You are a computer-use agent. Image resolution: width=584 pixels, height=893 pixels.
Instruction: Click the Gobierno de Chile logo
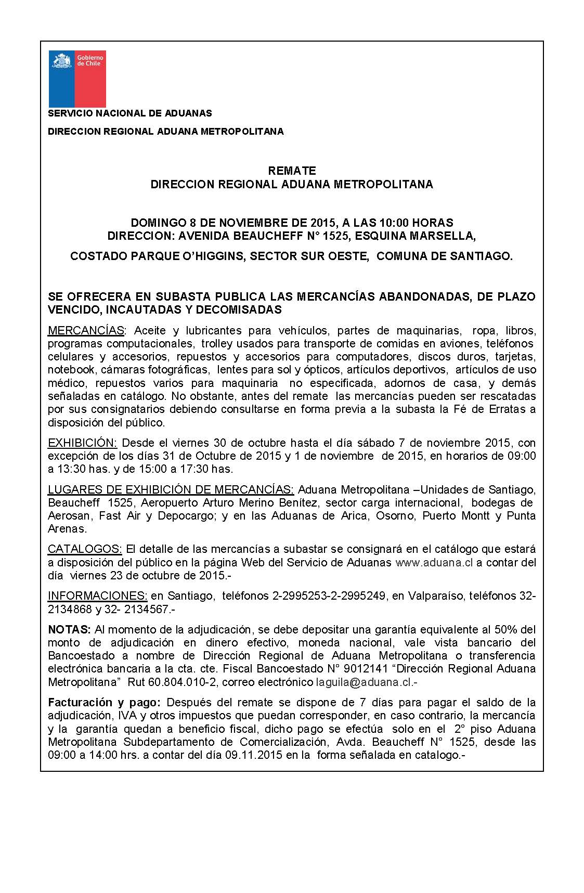tap(77, 79)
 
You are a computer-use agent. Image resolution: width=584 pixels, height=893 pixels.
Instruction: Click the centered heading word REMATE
tap(292, 171)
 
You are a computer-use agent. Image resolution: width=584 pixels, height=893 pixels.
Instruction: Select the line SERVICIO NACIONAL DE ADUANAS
tap(129, 113)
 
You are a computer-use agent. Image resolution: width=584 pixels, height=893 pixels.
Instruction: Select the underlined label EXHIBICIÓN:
tap(83, 443)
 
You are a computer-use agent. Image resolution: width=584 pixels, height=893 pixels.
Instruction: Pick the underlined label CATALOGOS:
tap(85, 549)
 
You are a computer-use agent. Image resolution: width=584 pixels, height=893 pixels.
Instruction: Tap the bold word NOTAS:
tap(70, 630)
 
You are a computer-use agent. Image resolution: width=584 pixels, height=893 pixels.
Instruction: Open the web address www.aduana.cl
tap(434, 563)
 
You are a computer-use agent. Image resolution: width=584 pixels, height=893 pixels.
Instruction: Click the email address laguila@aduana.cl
tap(367, 682)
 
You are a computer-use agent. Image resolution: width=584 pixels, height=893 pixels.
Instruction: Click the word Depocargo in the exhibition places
tap(191, 516)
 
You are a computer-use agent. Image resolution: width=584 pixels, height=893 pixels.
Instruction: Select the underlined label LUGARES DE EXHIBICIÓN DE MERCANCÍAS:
tap(171, 490)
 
